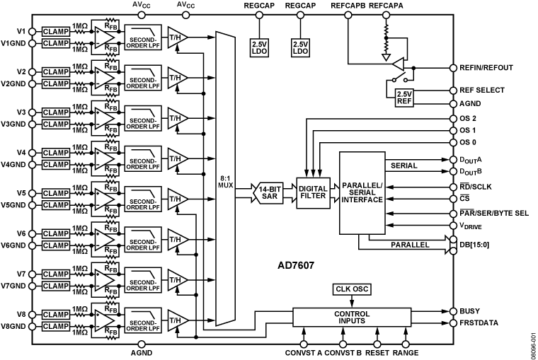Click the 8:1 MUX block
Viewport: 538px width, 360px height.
pos(225,179)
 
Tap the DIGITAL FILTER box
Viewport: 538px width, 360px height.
pos(313,192)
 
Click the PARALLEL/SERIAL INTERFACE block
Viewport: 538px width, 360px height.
pos(362,192)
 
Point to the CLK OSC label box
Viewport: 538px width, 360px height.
pos(352,289)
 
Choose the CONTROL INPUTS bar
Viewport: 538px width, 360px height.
pos(351,318)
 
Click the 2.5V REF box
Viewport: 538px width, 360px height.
pos(404,98)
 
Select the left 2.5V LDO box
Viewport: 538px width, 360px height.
pos(259,47)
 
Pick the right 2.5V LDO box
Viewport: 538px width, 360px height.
pos(300,47)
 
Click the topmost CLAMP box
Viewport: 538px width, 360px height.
pos(56,32)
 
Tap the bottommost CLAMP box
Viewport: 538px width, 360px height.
pos(56,327)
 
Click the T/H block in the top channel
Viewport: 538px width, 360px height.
pos(176,37)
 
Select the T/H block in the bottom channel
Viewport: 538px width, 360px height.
pos(176,320)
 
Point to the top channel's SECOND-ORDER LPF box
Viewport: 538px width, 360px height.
pos(142,37)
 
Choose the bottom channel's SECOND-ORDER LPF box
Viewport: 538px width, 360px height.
pos(142,320)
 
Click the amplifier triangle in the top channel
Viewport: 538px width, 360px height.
pos(104,37)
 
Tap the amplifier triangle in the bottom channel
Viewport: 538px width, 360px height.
pos(104,320)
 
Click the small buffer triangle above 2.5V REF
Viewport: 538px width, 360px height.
pos(399,64)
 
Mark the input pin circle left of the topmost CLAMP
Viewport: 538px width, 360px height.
pos(32,32)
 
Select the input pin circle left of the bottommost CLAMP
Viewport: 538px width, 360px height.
pos(32,327)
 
